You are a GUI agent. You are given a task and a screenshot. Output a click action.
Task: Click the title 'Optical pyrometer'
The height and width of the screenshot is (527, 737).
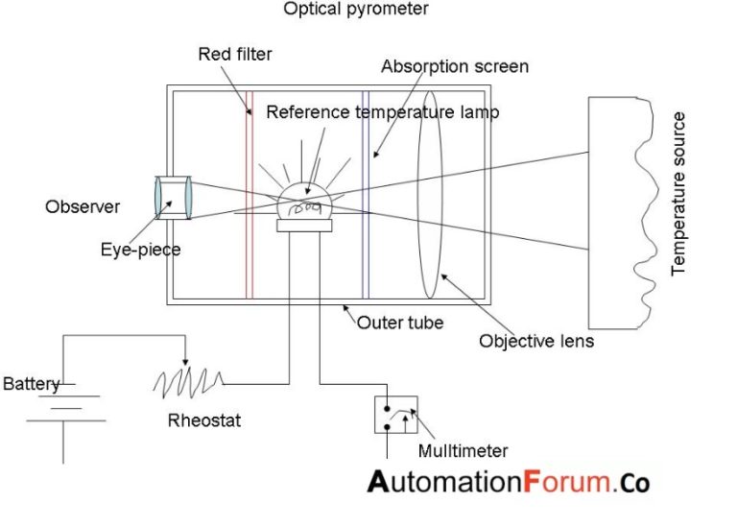[355, 10]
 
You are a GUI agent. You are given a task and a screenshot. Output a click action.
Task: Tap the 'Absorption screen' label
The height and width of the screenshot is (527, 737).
[455, 67]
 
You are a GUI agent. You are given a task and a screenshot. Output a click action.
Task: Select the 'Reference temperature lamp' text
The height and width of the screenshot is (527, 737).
[382, 112]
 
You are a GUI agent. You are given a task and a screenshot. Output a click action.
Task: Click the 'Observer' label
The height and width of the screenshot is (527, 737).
[83, 206]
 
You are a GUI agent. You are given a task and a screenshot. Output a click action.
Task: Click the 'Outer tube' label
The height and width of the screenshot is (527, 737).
[400, 323]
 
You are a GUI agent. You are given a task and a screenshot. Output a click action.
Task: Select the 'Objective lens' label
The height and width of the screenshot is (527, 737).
[536, 341]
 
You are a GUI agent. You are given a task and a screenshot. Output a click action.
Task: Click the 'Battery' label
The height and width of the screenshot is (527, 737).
[32, 385]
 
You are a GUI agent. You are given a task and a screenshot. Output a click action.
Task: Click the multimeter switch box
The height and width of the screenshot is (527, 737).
[395, 414]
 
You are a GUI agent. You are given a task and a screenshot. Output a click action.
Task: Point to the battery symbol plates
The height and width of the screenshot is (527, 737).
[63, 406]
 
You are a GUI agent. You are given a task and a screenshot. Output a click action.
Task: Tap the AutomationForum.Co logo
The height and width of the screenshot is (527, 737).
[508, 481]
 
